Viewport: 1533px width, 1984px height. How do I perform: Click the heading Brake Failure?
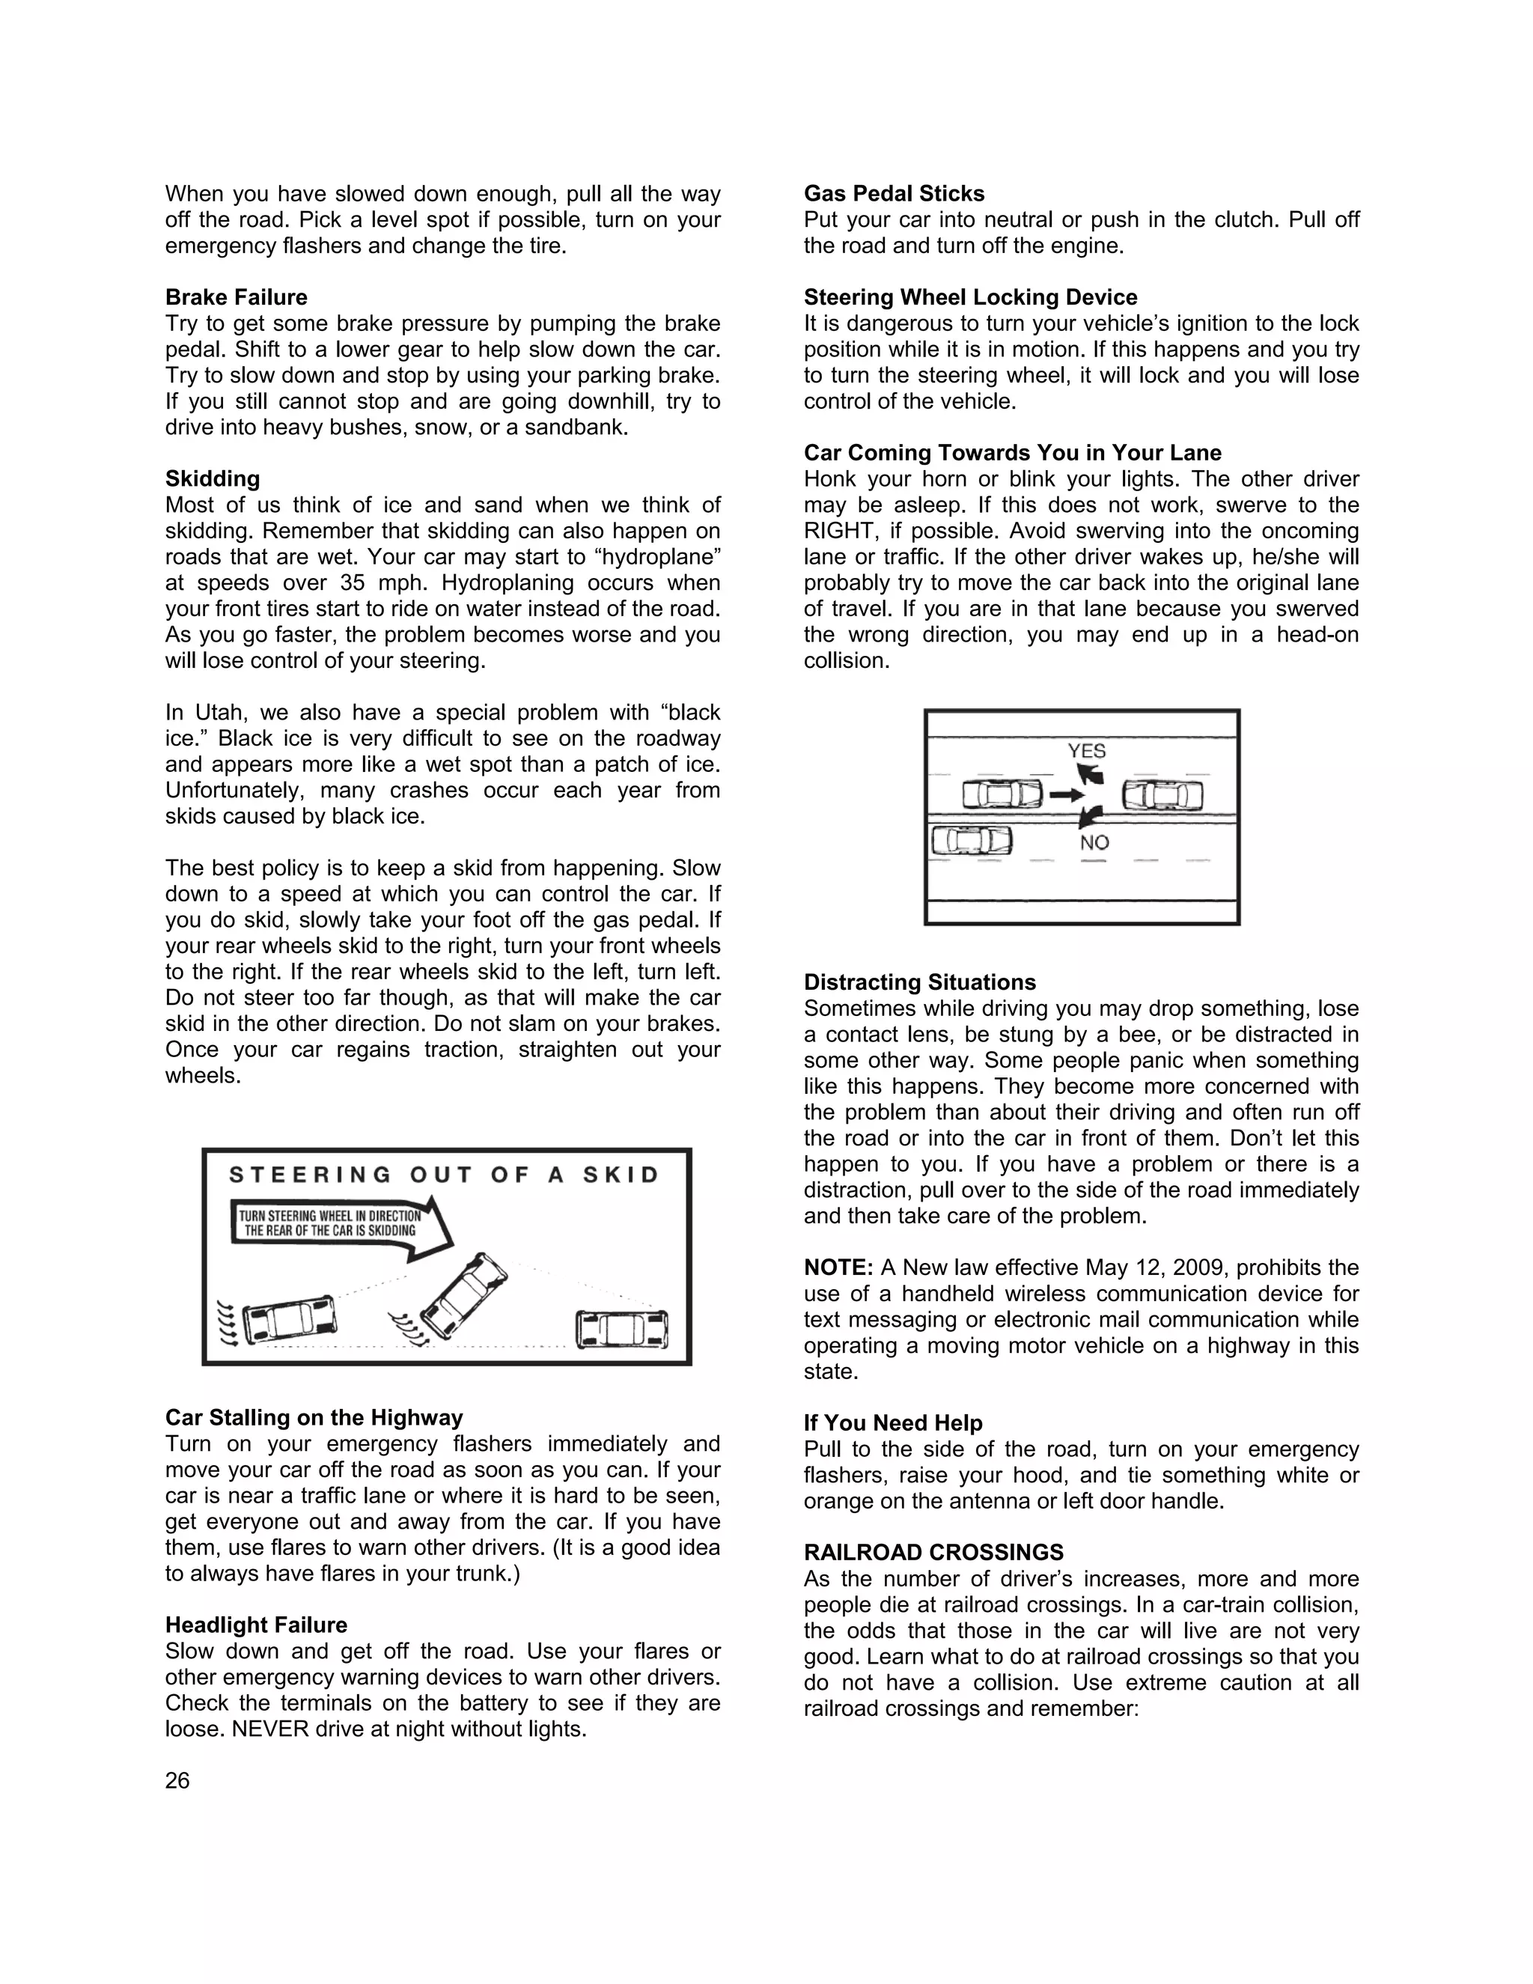coord(236,297)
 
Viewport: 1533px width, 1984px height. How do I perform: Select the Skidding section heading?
coord(213,478)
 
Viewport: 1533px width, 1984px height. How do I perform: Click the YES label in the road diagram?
coord(1086,750)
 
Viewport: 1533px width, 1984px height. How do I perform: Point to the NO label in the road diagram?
coord(1094,842)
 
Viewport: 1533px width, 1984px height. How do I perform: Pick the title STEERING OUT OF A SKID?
coord(444,1175)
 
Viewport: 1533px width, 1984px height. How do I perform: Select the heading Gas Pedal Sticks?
coord(894,193)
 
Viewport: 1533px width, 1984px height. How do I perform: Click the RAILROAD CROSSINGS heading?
coord(933,1553)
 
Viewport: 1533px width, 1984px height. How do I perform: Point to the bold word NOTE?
coord(838,1268)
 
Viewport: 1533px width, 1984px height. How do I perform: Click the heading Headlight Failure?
coord(256,1625)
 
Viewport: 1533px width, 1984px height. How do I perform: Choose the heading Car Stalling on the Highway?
coord(314,1417)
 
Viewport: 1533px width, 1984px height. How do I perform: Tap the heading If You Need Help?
coord(893,1422)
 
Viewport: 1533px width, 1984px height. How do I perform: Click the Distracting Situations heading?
coord(919,982)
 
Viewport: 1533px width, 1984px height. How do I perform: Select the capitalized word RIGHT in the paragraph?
coord(834,531)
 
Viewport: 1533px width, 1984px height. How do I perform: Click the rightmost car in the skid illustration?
coord(622,1330)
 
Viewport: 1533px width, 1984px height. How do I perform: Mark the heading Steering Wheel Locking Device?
coord(970,297)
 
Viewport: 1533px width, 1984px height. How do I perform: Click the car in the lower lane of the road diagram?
coord(971,839)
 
